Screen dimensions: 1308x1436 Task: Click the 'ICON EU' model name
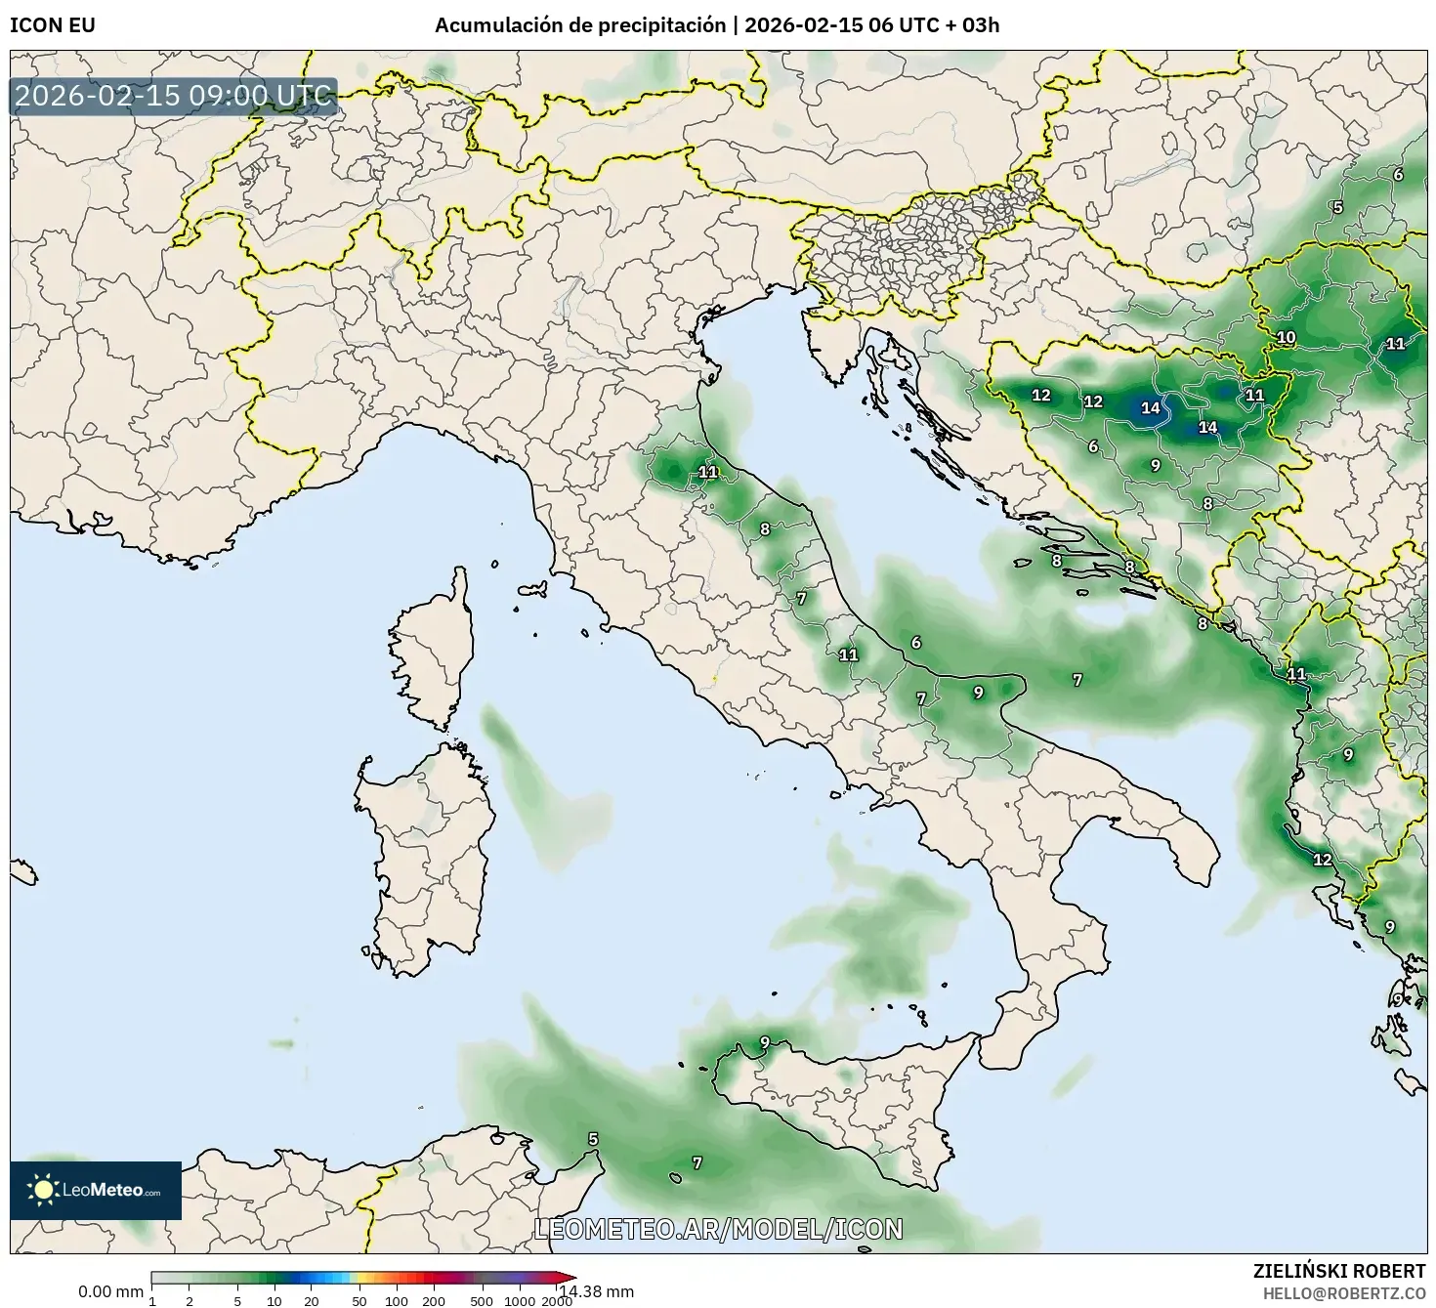53,25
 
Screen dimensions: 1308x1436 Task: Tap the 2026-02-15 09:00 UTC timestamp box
174,97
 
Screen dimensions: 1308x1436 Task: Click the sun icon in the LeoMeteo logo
43,1189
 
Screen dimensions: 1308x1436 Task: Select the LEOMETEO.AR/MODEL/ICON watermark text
718,1229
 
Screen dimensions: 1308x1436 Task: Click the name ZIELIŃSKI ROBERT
1339,1271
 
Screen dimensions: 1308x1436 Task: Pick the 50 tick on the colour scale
359,1300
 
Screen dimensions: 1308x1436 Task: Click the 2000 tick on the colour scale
557,1300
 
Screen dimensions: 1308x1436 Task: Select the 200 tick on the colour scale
433,1300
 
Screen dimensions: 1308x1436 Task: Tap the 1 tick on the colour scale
152,1300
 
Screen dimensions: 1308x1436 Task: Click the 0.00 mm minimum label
110,1291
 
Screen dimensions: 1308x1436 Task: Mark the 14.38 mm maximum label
597,1291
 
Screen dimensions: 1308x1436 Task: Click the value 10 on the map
1286,338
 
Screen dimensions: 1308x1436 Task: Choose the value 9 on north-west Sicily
765,1041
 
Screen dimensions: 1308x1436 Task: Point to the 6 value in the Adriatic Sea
915,643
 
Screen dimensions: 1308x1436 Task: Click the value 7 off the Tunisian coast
697,1162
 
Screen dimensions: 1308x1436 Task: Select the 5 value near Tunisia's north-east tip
593,1139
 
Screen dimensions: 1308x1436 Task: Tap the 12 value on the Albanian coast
1322,860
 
